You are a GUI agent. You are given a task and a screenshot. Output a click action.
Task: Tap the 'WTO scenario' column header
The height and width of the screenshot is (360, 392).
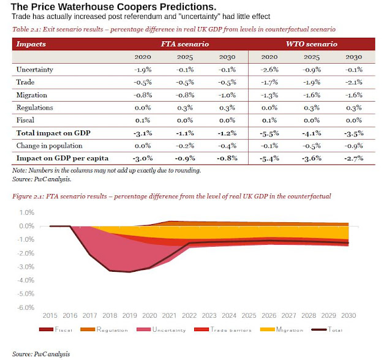311,45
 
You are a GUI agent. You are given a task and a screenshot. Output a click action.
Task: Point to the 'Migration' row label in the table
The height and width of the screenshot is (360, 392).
32,94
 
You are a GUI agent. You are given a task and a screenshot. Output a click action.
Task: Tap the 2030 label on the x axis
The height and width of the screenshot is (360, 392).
349,315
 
